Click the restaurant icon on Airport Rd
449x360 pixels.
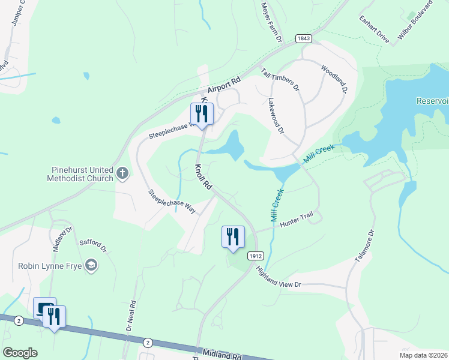pyautogui.click(x=202, y=113)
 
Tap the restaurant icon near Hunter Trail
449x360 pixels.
pyautogui.click(x=233, y=236)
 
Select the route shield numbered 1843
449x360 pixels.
pyautogui.click(x=304, y=38)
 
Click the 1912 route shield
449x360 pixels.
pyautogui.click(x=256, y=255)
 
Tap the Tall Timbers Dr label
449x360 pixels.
pyautogui.click(x=280, y=79)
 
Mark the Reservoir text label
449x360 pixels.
pyautogui.click(x=432, y=101)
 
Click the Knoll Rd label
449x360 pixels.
pyautogui.click(x=203, y=178)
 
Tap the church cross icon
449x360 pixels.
pyautogui.click(x=122, y=174)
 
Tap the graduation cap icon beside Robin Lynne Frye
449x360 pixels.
pyautogui.click(x=91, y=265)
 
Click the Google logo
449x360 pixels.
pyautogui.click(x=20, y=352)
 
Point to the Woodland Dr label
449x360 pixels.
pyautogui.click(x=334, y=79)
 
